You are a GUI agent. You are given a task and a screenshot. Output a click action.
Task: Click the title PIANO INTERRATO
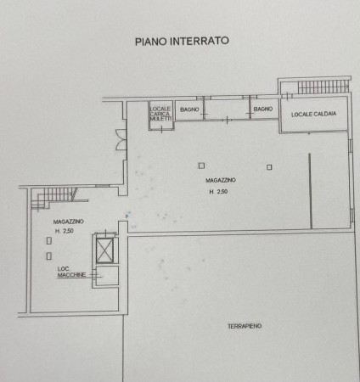(182, 41)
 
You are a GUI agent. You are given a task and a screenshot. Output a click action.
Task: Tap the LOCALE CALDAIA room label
(314, 114)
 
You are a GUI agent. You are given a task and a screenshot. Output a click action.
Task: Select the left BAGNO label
(189, 110)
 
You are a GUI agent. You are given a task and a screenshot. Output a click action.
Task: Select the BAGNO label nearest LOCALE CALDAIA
(263, 109)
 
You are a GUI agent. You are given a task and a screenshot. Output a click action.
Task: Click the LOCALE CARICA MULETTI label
(160, 114)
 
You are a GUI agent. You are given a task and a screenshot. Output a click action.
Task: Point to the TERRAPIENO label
(245, 326)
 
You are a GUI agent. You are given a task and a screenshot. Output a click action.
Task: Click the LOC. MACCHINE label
(71, 272)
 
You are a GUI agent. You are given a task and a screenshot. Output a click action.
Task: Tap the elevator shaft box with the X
(104, 250)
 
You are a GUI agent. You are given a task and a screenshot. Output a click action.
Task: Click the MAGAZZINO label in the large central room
(221, 180)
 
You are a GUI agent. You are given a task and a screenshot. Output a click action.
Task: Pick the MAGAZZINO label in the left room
(68, 222)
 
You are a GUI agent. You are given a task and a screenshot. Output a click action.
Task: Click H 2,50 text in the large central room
(218, 192)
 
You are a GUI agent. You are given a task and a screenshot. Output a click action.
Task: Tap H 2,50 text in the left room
(65, 231)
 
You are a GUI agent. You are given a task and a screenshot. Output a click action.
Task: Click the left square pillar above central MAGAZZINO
(201, 166)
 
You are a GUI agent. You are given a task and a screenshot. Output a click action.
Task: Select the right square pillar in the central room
(269, 167)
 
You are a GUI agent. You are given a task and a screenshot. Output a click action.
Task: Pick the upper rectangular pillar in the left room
(49, 241)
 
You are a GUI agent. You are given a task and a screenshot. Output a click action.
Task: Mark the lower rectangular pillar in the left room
(49, 256)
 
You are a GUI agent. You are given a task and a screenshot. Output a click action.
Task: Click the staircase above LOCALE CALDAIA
(323, 87)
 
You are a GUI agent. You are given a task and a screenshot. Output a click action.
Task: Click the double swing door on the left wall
(120, 140)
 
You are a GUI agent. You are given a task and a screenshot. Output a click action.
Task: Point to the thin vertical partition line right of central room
(311, 191)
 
